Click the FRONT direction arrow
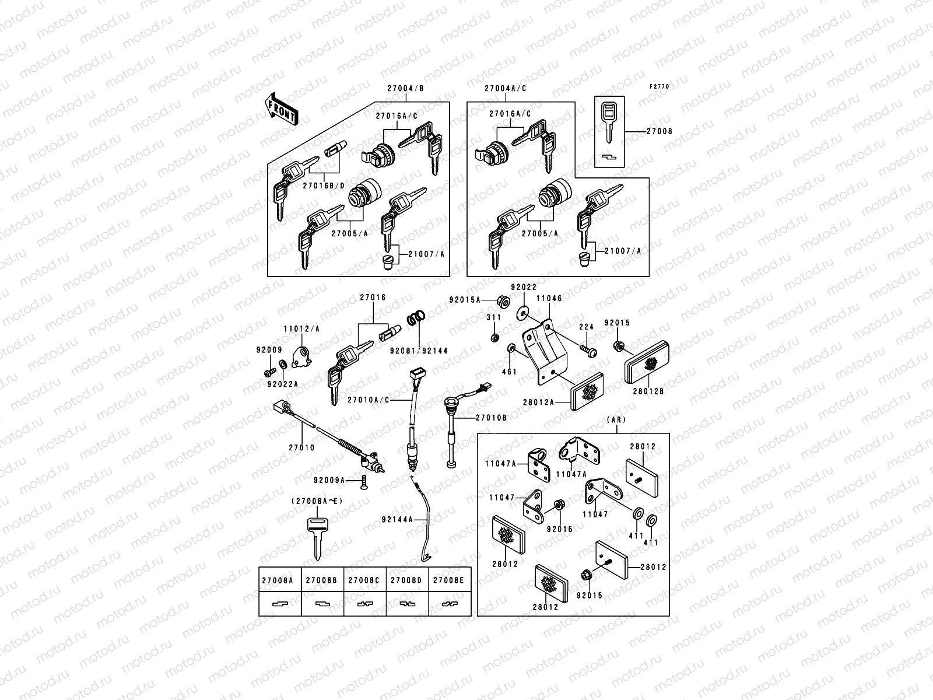pos(282,109)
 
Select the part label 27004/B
pos(405,89)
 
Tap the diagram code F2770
pos(660,86)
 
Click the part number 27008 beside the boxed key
pos(659,131)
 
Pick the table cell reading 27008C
pos(364,580)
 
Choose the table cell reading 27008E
pos(449,580)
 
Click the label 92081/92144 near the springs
pos(427,351)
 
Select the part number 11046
pos(549,298)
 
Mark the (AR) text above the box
pos(616,420)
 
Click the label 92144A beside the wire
pos(398,519)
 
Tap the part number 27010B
pos(491,418)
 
